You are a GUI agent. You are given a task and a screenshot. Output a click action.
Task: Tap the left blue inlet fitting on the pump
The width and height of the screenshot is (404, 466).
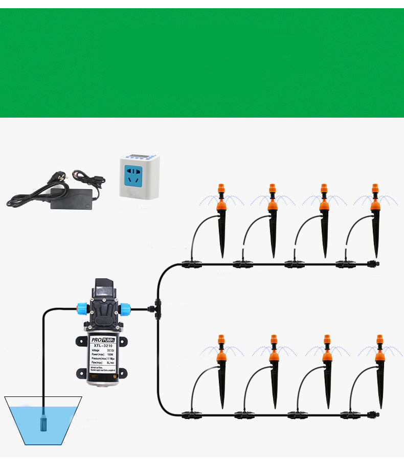(82, 308)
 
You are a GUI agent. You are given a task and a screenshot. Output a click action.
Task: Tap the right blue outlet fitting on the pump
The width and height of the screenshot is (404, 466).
(125, 308)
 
